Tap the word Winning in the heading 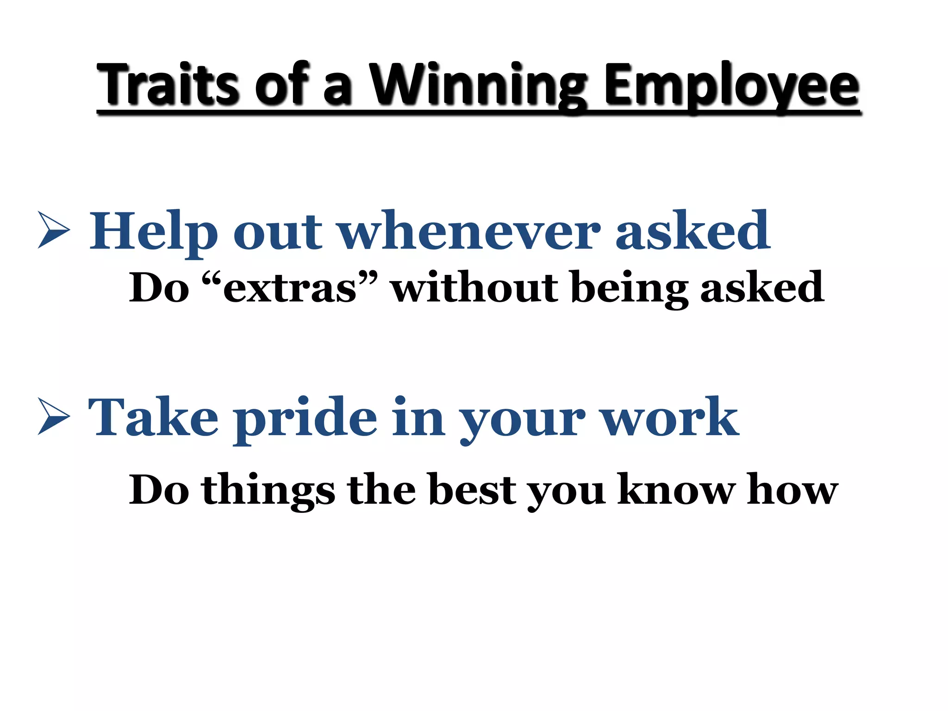click(478, 84)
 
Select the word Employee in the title click(732, 86)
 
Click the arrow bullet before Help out click(54, 230)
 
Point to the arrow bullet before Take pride click(54, 416)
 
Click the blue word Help click(153, 231)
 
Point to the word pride click(306, 418)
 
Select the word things click(268, 491)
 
